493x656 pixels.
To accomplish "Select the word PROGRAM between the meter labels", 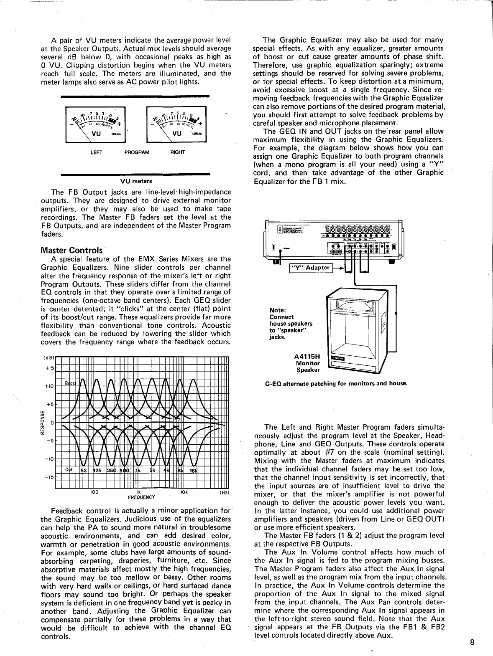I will (x=137, y=152).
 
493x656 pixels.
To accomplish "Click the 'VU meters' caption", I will (x=136, y=181).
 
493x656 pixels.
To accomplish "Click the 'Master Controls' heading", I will (x=71, y=251).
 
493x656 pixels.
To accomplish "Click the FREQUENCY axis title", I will (x=141, y=498).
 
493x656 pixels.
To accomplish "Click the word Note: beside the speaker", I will (x=278, y=310).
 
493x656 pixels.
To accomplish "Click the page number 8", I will (x=472, y=643).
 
